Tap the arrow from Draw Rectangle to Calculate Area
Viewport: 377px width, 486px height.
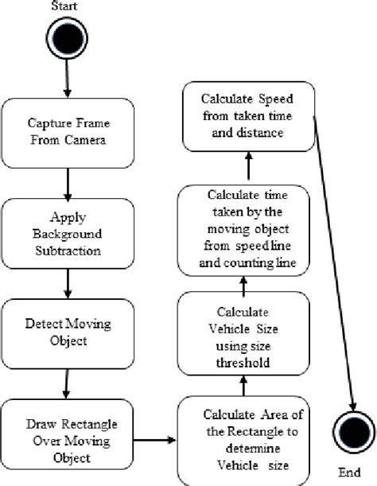pyautogui.click(x=153, y=438)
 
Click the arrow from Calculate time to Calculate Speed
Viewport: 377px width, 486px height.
pyautogui.click(x=249, y=166)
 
